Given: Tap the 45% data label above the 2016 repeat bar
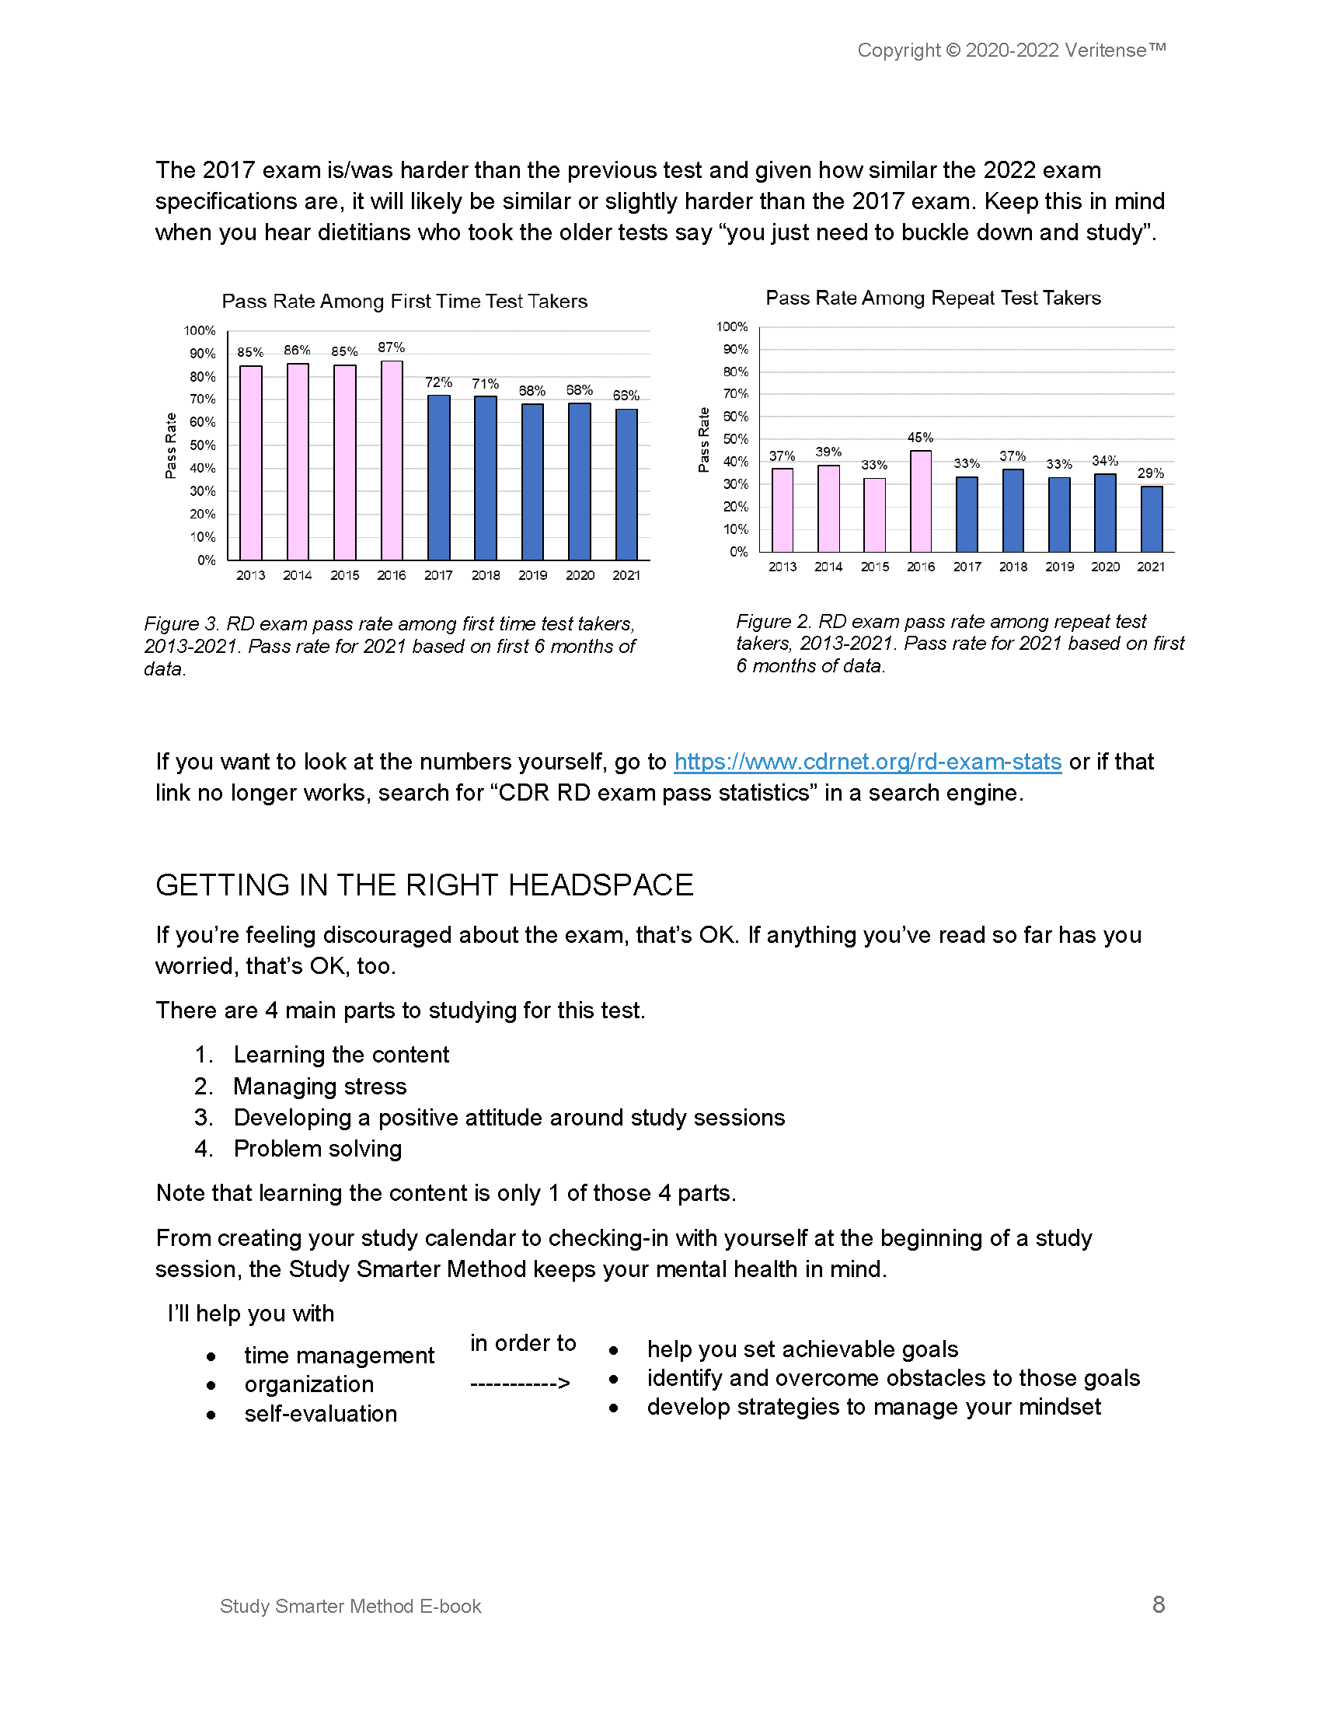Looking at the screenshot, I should coord(920,438).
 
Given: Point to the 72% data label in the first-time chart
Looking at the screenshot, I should coord(438,382).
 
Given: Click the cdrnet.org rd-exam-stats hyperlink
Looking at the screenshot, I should coord(867,762).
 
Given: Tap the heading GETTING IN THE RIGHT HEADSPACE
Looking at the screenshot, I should coord(424,885).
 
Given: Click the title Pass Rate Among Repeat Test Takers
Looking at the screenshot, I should coord(932,298).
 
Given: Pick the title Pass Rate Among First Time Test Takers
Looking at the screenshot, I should coord(404,302).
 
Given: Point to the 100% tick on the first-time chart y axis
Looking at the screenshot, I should coord(200,330).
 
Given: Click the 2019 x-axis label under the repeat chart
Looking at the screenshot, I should coord(1059,566).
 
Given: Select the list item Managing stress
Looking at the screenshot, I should coord(319,1086).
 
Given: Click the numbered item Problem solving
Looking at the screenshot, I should coord(317,1149).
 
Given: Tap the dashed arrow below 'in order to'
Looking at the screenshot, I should coord(521,1383).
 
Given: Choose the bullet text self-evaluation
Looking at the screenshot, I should coord(320,1413).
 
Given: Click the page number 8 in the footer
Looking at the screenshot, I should coord(1159,1604).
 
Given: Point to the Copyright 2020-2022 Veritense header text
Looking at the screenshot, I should coord(1011,50).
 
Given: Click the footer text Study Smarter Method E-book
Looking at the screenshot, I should coord(350,1606).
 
